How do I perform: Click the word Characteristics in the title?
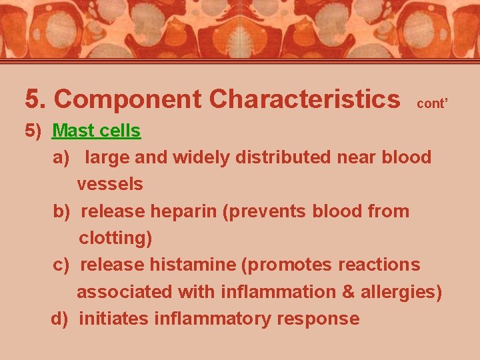304,99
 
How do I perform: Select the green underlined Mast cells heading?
96,131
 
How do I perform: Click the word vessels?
110,183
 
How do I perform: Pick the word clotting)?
115,237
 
